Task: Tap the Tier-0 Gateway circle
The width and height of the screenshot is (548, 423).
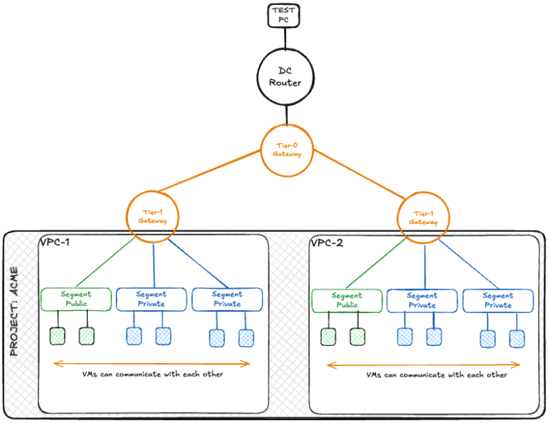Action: (x=288, y=150)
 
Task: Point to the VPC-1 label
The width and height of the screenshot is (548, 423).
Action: (x=56, y=243)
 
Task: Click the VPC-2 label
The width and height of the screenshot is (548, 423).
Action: (x=327, y=243)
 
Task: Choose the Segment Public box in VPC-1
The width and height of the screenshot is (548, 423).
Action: (x=76, y=299)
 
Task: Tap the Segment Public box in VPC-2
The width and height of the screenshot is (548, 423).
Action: (x=347, y=300)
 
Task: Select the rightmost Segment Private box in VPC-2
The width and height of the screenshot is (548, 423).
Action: (x=497, y=300)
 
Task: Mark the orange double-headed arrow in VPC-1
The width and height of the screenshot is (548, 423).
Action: (x=152, y=364)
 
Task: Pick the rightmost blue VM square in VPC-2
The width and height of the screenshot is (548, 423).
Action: (x=517, y=339)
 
